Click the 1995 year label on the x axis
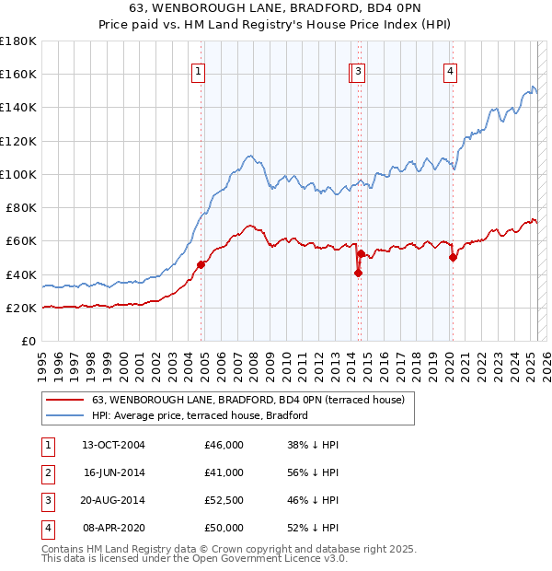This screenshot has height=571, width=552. tap(42, 358)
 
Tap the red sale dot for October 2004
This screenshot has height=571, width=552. tap(201, 264)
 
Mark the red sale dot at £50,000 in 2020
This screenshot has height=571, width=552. tap(453, 258)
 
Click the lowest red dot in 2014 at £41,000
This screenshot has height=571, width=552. tap(358, 273)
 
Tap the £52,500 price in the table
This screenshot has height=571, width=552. tap(224, 501)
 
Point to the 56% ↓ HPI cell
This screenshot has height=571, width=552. tap(313, 473)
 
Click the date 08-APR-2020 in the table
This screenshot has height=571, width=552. tap(113, 529)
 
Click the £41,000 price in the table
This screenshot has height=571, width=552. tap(224, 473)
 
